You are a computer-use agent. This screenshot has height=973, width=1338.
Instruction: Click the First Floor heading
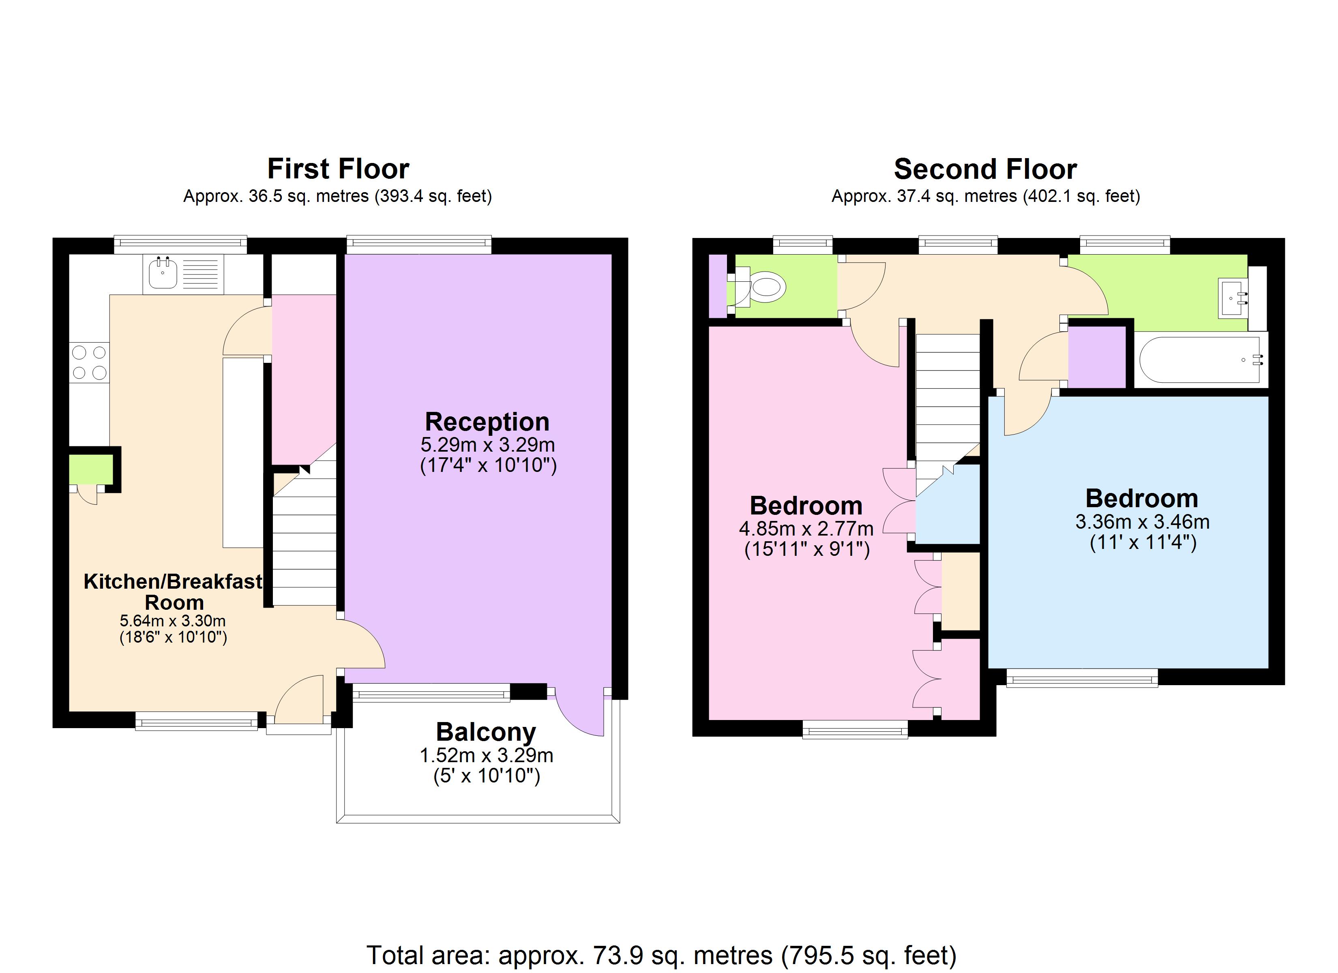(x=338, y=169)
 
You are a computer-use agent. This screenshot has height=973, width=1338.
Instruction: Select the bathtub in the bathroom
(x=1200, y=359)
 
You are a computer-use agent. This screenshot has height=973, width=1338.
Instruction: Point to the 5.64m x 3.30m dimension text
(x=173, y=621)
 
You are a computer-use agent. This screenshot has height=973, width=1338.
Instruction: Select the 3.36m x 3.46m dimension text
(x=1142, y=522)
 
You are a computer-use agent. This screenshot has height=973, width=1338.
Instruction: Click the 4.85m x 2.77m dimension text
(x=806, y=529)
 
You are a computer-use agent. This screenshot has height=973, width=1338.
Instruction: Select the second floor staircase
(x=947, y=401)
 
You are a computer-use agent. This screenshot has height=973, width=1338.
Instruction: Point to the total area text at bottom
(x=661, y=955)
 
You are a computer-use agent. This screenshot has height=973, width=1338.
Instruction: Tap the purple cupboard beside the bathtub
(x=1097, y=357)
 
